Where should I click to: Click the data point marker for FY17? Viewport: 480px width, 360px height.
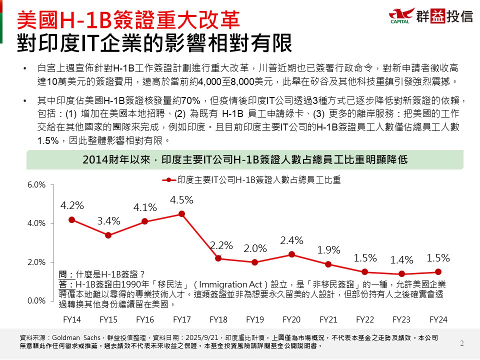pyautogui.click(x=181, y=213)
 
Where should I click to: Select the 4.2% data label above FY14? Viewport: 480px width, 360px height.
pyautogui.click(x=72, y=205)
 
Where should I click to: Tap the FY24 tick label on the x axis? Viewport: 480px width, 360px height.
pyautogui.click(x=438, y=319)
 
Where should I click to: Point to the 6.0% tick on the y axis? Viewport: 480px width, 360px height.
pyautogui.click(x=36, y=185)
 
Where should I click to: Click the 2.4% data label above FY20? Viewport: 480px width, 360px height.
pyautogui.click(x=291, y=240)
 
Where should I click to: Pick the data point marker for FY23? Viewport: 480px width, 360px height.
pyautogui.click(x=401, y=274)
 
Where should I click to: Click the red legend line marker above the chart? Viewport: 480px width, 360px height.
pyautogui.click(x=169, y=179)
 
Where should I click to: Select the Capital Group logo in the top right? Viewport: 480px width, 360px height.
pyautogui.click(x=430, y=15)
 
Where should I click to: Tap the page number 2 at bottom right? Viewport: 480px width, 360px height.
pyautogui.click(x=461, y=343)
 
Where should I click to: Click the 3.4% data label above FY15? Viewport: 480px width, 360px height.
pyautogui.click(x=108, y=221)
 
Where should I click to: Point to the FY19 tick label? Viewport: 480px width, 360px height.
pyautogui.click(x=255, y=319)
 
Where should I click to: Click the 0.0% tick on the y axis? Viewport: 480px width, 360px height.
pyautogui.click(x=36, y=300)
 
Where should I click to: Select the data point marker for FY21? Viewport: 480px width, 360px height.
pyautogui.click(x=328, y=264)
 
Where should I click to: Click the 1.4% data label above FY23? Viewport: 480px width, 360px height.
pyautogui.click(x=401, y=260)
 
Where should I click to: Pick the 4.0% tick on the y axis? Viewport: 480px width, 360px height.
pyautogui.click(x=36, y=223)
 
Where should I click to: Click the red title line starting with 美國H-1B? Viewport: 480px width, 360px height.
pyautogui.click(x=127, y=20)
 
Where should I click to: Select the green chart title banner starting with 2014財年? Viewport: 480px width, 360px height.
pyautogui.click(x=245, y=160)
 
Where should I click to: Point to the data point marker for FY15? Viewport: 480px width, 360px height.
pyautogui.click(x=108, y=235)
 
